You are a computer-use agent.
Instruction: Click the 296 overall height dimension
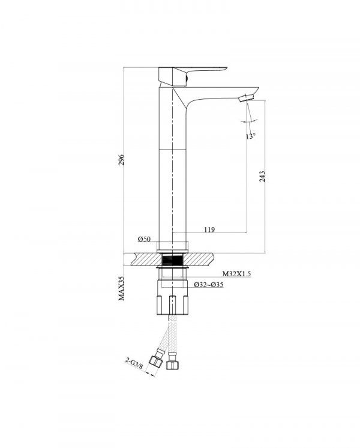pyautogui.click(x=122, y=160)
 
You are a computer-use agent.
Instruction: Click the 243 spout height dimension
pyautogui.click(x=262, y=177)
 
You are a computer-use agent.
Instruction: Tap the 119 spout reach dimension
pyautogui.click(x=209, y=229)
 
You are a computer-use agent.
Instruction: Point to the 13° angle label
pyautogui.click(x=250, y=136)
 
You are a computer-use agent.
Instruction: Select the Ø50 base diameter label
pyautogui.click(x=144, y=239)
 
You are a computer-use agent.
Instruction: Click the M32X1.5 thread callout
pyautogui.click(x=236, y=274)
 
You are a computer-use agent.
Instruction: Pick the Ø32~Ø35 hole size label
pyautogui.click(x=209, y=285)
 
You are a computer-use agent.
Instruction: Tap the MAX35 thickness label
pyautogui.click(x=122, y=288)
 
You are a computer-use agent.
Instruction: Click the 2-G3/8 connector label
pyautogui.click(x=134, y=363)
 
